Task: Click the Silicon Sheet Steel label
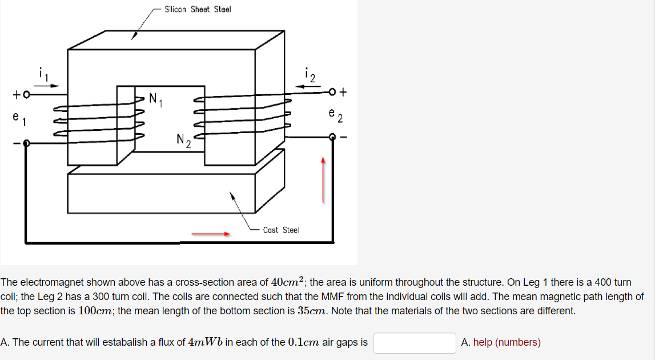click(198, 10)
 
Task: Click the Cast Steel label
click(280, 230)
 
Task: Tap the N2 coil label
click(183, 140)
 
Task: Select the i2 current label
click(310, 74)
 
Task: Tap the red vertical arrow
click(323, 180)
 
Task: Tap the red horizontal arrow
click(211, 233)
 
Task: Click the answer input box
click(415, 343)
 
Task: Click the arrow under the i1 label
click(48, 86)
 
